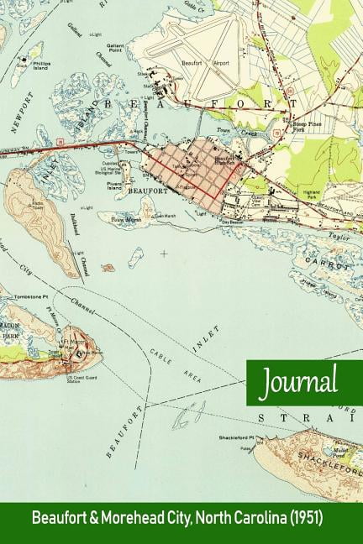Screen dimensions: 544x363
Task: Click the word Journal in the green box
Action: pos(299,383)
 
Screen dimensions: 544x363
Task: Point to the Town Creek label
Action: pos(224,133)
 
